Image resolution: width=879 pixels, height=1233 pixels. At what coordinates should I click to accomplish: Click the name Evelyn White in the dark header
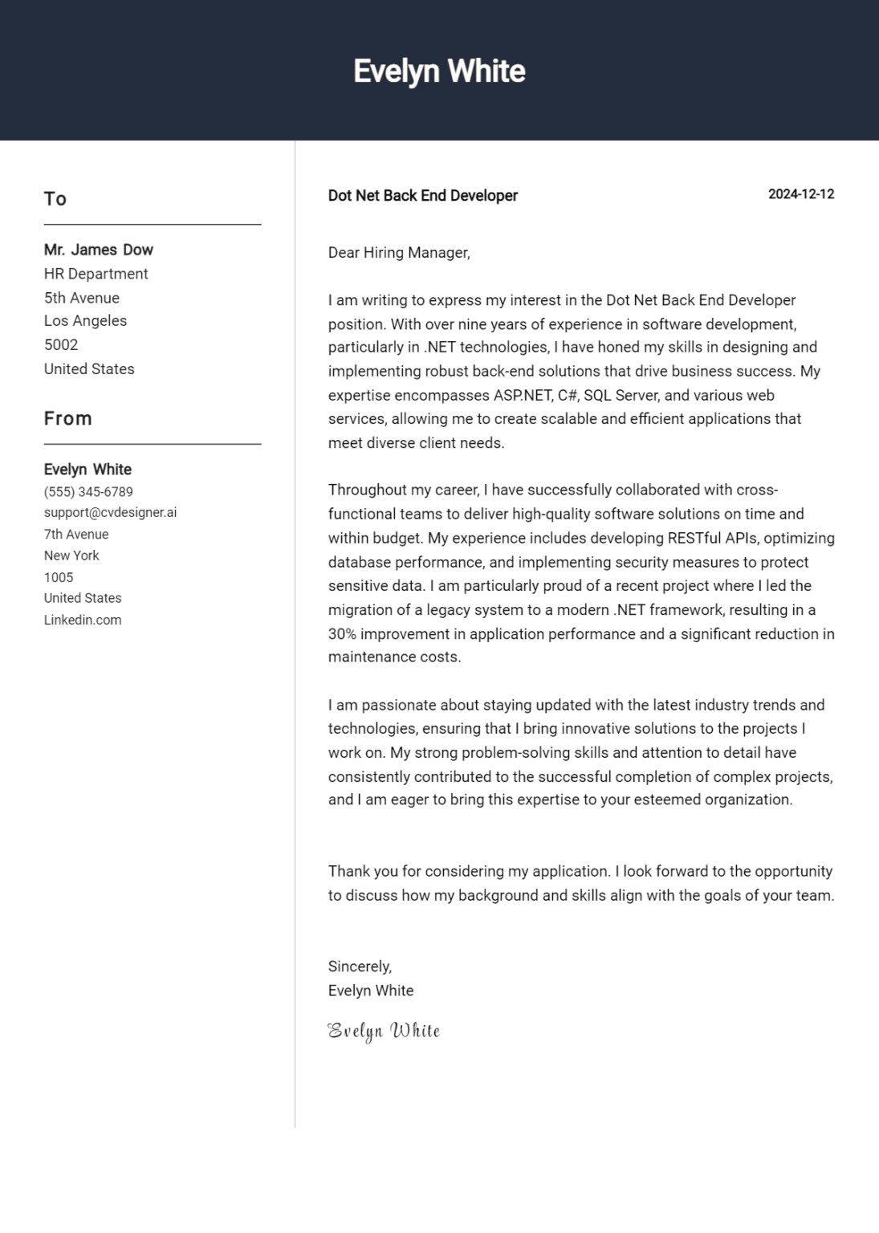point(439,71)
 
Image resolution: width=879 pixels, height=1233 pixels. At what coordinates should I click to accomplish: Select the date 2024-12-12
point(800,194)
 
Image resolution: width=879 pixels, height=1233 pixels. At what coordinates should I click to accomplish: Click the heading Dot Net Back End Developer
point(422,196)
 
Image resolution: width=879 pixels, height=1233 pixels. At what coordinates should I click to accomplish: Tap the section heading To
point(55,199)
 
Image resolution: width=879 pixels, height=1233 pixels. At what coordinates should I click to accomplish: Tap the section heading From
point(68,419)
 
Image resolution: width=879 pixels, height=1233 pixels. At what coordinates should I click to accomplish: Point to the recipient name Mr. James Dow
point(98,250)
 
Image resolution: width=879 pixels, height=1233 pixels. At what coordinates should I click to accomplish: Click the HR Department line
point(96,274)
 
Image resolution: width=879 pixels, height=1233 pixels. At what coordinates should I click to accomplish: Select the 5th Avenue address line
point(81,298)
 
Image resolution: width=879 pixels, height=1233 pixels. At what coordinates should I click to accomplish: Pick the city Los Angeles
point(85,321)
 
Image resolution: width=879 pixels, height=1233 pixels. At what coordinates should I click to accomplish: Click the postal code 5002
point(61,345)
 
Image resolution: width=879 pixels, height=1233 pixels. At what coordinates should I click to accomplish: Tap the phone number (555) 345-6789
point(88,492)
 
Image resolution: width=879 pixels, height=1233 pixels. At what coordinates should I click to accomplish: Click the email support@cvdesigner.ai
point(110,512)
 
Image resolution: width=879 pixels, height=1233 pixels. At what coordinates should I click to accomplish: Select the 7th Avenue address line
point(76,535)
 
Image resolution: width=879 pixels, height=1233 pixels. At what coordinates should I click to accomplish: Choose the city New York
point(71,555)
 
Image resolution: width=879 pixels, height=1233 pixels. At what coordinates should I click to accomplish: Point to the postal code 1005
point(59,577)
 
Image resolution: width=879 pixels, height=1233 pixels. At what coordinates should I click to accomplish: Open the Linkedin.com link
point(83,620)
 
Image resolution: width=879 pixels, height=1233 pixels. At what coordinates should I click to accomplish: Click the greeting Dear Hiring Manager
point(398,253)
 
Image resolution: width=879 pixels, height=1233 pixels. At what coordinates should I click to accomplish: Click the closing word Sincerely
point(360,967)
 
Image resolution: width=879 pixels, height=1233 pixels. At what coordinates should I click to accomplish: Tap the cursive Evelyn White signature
point(384,1031)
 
